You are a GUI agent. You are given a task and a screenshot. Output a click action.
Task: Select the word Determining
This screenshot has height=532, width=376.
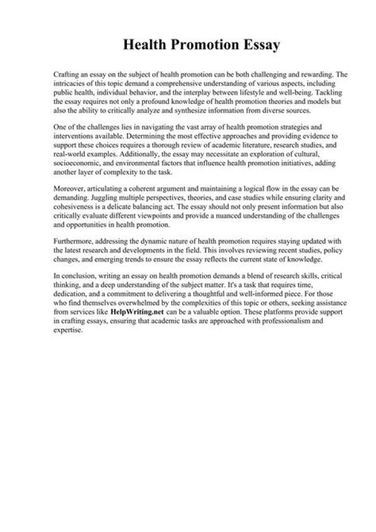pos(144,135)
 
